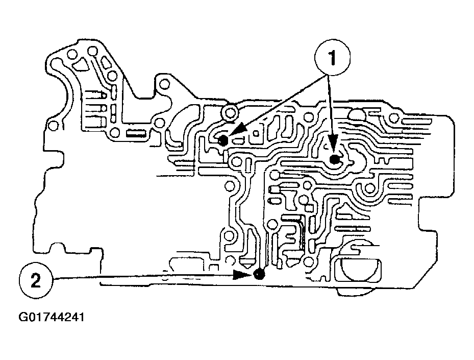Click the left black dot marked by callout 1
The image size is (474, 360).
pyautogui.click(x=223, y=141)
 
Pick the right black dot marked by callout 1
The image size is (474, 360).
pyautogui.click(x=335, y=160)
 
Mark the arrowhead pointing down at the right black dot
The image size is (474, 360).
pyautogui.click(x=333, y=146)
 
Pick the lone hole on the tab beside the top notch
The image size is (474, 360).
pyautogui.click(x=164, y=83)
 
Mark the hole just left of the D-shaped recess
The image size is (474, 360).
pyautogui.click(x=308, y=263)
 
